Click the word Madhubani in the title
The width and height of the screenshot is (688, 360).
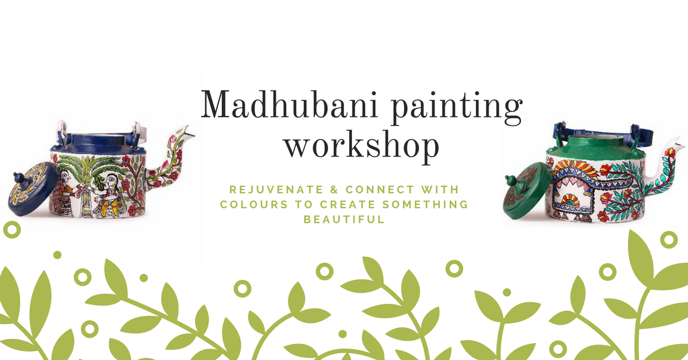(x=289, y=104)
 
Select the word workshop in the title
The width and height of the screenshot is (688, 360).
(x=362, y=147)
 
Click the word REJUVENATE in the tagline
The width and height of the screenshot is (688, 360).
(x=276, y=190)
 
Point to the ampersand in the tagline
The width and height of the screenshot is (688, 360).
(x=334, y=190)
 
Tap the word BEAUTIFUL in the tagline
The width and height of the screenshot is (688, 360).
(x=344, y=220)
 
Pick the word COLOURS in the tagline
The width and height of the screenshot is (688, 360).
(x=254, y=204)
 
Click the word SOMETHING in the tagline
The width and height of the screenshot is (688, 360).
(x=425, y=204)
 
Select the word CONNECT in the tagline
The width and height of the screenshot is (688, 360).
(x=380, y=190)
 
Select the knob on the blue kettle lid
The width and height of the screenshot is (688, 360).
(x=18, y=178)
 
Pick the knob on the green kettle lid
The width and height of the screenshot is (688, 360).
(x=510, y=179)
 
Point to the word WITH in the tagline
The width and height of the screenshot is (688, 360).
(x=440, y=190)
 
